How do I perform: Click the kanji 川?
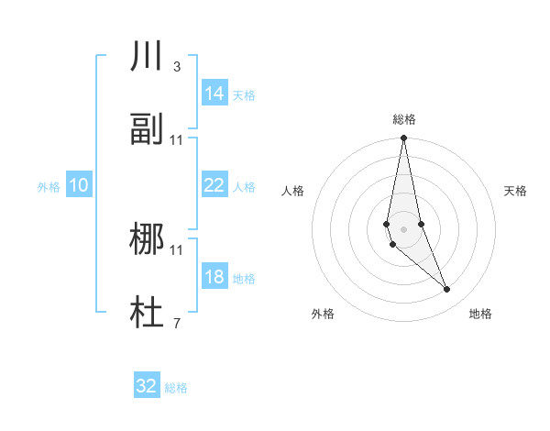[147, 56]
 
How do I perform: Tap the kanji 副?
[147, 130]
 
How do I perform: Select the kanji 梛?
[147, 240]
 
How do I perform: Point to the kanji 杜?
[147, 315]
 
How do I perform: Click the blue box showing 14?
[214, 94]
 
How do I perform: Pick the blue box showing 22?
[214, 185]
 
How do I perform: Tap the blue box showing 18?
[214, 277]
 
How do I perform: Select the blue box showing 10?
[79, 185]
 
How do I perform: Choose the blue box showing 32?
[147, 386]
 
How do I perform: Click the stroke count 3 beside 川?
[176, 66]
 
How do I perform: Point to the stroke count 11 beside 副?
[177, 139]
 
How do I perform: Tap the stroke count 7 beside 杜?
[176, 324]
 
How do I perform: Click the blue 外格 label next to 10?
[49, 186]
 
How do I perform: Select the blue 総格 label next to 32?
[176, 388]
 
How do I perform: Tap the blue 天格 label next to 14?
[244, 94]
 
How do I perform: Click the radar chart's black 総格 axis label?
[404, 120]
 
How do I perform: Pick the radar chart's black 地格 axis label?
[480, 314]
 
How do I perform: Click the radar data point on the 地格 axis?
[447, 290]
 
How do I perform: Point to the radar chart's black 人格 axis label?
[293, 191]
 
